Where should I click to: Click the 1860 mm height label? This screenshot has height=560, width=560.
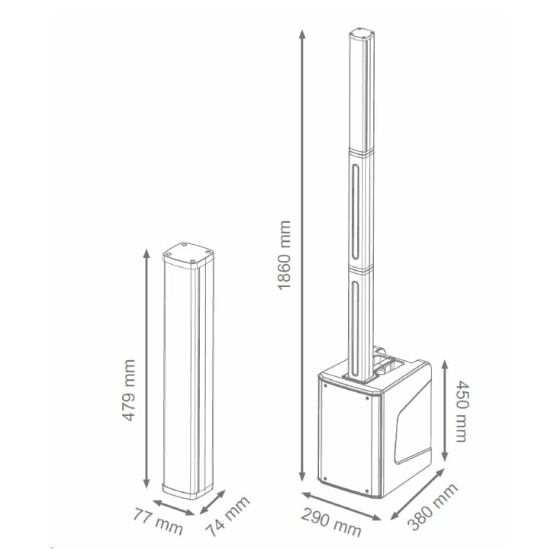(x=285, y=256)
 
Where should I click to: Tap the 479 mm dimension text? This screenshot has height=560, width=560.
(x=129, y=390)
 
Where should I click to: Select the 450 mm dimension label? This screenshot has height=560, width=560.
(x=462, y=411)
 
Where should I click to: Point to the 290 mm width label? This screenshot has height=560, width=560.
(x=330, y=523)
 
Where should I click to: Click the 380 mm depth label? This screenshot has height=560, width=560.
(x=433, y=507)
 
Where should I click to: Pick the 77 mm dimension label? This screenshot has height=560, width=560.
(x=158, y=521)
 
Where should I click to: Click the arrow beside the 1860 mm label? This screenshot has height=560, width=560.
(x=302, y=256)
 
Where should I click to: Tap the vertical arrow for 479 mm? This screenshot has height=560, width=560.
(x=146, y=369)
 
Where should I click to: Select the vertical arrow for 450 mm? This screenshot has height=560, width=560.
(x=445, y=410)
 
